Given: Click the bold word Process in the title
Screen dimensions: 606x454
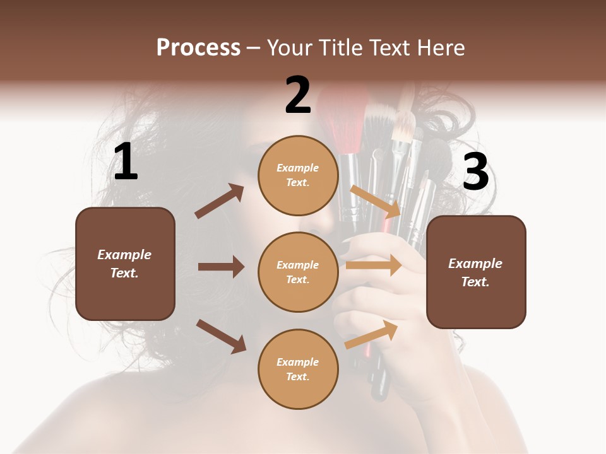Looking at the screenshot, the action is click(198, 48).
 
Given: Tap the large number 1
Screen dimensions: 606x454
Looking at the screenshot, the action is click(125, 162).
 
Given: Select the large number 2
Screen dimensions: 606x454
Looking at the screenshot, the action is click(298, 95).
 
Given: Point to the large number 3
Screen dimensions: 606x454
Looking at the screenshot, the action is click(476, 172).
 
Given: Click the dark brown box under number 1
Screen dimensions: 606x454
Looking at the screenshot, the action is click(125, 264).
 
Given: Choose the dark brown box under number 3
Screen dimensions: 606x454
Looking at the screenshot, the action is click(476, 272).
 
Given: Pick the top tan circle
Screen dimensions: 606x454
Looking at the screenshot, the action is click(298, 175).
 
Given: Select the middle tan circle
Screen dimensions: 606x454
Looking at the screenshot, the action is click(298, 272).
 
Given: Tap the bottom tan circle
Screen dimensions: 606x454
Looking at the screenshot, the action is click(298, 369).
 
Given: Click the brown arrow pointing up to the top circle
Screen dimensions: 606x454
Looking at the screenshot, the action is click(220, 201).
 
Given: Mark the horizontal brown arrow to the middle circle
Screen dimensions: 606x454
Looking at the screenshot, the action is click(221, 267).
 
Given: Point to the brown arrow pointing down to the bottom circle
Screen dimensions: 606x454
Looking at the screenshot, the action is click(221, 336).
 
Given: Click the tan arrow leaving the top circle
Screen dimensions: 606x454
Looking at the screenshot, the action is click(375, 201).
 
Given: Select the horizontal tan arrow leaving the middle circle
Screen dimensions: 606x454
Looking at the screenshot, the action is click(374, 265).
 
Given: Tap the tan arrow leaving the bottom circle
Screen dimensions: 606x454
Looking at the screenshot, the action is click(372, 334).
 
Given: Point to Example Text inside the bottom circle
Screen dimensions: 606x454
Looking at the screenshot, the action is click(298, 370).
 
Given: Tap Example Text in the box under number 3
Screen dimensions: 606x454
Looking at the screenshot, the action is click(475, 272).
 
